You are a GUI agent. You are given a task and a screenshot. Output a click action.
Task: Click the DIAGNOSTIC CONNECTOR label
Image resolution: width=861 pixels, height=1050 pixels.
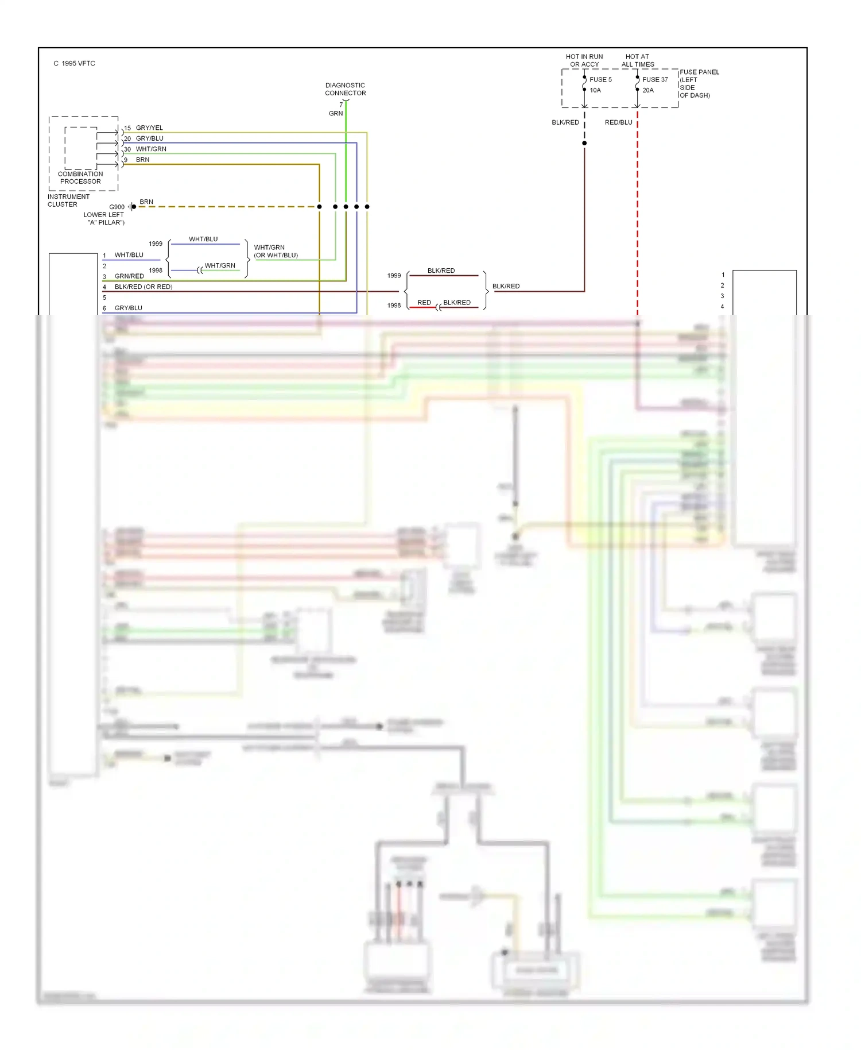tap(345, 89)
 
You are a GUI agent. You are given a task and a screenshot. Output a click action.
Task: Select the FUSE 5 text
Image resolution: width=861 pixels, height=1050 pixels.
tap(600, 80)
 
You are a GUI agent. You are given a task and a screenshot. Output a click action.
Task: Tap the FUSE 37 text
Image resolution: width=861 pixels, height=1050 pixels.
tap(655, 80)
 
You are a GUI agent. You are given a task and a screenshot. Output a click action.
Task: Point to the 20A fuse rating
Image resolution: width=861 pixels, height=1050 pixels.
tap(647, 90)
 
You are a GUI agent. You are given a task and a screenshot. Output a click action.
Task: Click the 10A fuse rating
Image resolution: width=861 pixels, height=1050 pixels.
tap(595, 90)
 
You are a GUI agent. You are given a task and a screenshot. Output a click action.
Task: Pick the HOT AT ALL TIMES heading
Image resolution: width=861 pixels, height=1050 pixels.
tap(637, 60)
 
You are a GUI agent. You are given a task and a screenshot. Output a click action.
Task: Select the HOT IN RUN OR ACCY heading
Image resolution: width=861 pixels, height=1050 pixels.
tap(584, 60)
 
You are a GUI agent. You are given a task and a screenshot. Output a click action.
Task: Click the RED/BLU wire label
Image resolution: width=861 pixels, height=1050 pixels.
tap(618, 122)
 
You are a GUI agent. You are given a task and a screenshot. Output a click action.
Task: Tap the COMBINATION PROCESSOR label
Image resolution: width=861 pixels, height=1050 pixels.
tap(80, 177)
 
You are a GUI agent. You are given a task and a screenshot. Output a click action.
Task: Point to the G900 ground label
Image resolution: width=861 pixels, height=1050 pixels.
tap(117, 207)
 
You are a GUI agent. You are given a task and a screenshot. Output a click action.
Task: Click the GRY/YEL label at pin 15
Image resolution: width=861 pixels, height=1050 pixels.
tap(149, 128)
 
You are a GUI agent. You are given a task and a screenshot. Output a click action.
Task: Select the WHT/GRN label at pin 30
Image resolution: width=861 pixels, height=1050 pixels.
tap(151, 149)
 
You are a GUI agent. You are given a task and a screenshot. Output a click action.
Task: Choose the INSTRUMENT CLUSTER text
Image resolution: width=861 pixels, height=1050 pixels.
tap(68, 200)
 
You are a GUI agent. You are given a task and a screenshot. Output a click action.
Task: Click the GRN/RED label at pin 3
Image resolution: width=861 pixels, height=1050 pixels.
tap(129, 276)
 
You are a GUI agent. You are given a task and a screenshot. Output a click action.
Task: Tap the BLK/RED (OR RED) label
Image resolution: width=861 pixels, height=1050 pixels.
tap(143, 287)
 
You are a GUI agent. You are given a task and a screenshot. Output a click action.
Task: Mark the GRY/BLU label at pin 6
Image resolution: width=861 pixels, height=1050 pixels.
tap(129, 308)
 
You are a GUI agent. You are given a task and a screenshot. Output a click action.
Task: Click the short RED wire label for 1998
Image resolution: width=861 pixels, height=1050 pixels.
tap(424, 302)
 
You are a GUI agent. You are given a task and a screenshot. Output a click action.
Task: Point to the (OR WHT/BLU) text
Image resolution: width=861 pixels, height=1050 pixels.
tap(276, 255)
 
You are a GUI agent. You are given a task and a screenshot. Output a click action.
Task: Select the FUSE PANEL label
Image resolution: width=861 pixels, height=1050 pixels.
tap(699, 72)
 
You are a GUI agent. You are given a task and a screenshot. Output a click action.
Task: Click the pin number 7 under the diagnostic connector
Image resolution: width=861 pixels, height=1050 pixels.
tap(341, 105)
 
